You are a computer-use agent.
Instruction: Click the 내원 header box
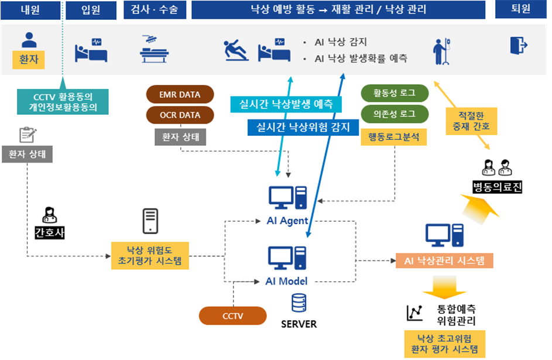30,10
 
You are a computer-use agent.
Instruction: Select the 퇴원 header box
520,9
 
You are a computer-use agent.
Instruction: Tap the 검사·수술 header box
155,10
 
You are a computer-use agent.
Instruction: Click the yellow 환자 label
29,60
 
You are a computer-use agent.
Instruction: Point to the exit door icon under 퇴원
519,46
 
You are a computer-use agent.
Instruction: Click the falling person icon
236,50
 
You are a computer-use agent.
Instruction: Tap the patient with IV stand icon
442,52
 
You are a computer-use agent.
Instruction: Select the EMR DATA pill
180,95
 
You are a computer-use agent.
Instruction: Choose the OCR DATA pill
180,115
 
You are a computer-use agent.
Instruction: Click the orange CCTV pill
233,316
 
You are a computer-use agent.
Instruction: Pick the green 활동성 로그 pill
395,93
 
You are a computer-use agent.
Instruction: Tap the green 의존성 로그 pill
395,114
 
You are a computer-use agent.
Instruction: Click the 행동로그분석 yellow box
394,137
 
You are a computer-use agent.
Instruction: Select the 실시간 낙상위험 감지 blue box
303,127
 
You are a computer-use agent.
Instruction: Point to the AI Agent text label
287,221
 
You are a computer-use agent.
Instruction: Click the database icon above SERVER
299,303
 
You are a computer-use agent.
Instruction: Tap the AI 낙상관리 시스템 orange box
444,260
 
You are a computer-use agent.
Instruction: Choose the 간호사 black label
50,232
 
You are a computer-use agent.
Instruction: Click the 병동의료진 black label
497,187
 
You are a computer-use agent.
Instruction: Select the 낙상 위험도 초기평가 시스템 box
150,255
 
